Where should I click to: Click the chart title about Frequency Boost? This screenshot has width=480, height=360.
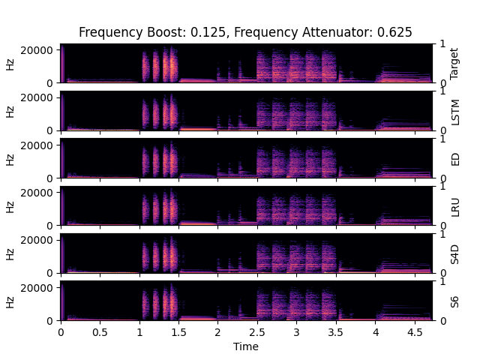point(245,32)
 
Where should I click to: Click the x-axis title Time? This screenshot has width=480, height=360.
point(245,346)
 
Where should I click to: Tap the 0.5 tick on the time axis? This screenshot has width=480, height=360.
point(100,331)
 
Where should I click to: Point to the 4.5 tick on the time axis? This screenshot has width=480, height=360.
point(414,331)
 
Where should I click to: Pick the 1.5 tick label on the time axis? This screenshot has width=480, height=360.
point(178,331)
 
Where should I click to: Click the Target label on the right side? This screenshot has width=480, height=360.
point(454,63)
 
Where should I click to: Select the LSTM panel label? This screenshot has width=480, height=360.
point(454,111)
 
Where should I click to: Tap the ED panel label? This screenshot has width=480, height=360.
point(454,158)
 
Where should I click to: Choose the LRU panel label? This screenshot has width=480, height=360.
point(454,206)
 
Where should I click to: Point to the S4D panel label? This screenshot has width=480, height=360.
point(454,253)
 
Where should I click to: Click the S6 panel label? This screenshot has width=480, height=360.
point(454,301)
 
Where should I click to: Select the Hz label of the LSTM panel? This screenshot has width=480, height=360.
point(10,111)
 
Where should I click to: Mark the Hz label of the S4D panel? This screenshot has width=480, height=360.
point(10,253)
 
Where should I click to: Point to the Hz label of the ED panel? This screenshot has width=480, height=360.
point(10,158)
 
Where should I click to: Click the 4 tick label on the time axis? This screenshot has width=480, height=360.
point(374,331)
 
